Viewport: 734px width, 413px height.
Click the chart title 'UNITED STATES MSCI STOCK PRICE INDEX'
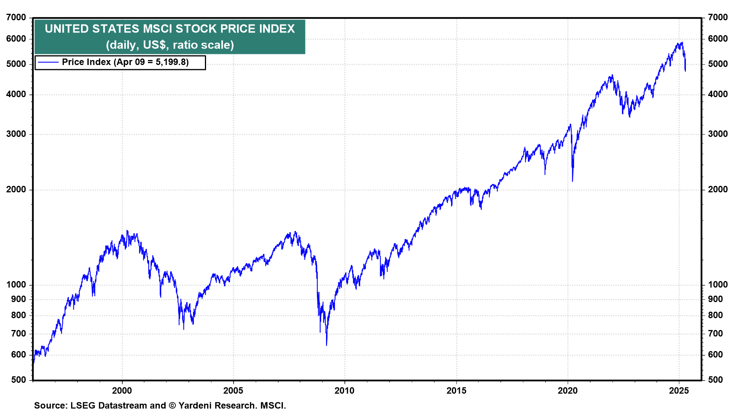tap(170, 29)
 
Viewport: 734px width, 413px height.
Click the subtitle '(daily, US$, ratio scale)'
tap(170, 45)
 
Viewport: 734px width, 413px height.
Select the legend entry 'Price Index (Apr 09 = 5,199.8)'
tap(125, 62)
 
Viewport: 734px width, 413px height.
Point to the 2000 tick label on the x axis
tap(122, 391)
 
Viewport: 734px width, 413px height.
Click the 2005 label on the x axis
tap(233, 391)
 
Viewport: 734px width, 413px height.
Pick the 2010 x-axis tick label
tap(344, 391)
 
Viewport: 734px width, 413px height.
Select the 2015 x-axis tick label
tap(456, 391)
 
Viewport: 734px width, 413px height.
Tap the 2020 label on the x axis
tap(568, 391)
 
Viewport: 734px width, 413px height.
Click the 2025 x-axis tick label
tap(679, 391)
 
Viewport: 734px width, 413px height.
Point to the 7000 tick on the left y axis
tap(16, 18)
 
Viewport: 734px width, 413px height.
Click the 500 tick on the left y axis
tap(18, 380)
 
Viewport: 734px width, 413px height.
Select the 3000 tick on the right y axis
tap(718, 134)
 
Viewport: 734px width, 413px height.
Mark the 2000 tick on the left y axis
tap(16, 190)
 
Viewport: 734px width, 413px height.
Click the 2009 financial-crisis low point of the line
tap(326, 345)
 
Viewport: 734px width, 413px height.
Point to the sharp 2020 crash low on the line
tap(572, 181)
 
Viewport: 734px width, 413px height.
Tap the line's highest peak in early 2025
tap(682, 42)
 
